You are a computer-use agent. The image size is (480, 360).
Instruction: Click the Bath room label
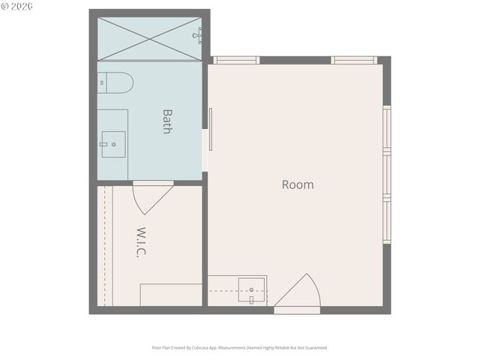click(x=167, y=121)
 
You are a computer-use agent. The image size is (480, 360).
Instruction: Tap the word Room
click(x=298, y=184)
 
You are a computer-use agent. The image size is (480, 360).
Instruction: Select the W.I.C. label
click(x=141, y=242)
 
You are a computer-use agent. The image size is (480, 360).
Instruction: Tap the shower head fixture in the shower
click(x=198, y=34)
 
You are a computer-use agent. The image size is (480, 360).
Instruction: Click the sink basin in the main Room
click(x=251, y=289)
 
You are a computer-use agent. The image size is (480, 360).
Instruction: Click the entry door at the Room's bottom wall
click(x=300, y=294)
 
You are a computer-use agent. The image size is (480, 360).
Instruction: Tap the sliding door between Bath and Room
click(x=211, y=129)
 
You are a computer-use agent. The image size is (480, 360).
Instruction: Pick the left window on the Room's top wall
click(x=236, y=60)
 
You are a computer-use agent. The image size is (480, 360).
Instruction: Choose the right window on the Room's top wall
click(x=353, y=60)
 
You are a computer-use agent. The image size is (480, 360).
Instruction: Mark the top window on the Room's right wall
click(x=386, y=130)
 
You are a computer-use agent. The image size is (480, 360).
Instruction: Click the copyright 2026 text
click(x=18, y=6)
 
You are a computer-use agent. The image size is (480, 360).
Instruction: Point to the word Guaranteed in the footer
click(x=314, y=348)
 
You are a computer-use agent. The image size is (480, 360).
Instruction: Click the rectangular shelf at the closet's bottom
click(x=171, y=295)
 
